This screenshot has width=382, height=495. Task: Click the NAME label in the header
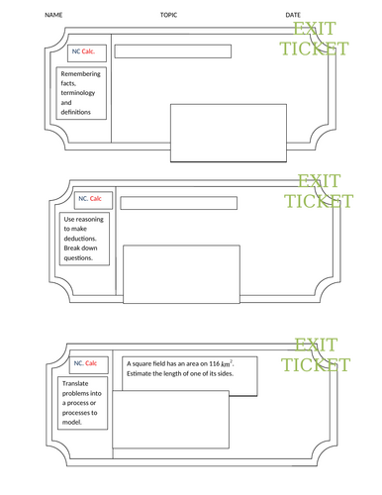point(53,15)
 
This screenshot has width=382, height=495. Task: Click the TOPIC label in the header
point(169,15)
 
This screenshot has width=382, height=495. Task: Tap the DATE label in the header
point(293,15)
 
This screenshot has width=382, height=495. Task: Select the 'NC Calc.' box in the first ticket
point(82,51)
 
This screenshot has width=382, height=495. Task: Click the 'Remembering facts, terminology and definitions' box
point(81,93)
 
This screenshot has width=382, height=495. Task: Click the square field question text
point(184,369)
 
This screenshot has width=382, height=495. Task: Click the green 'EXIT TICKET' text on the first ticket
point(320,41)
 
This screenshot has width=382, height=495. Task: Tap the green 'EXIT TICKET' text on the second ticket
point(318,190)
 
